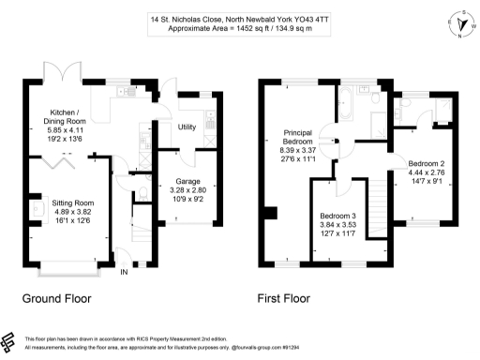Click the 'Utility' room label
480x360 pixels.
(187, 127)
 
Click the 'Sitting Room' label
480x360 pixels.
(72, 202)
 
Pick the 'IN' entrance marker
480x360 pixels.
(123, 273)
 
